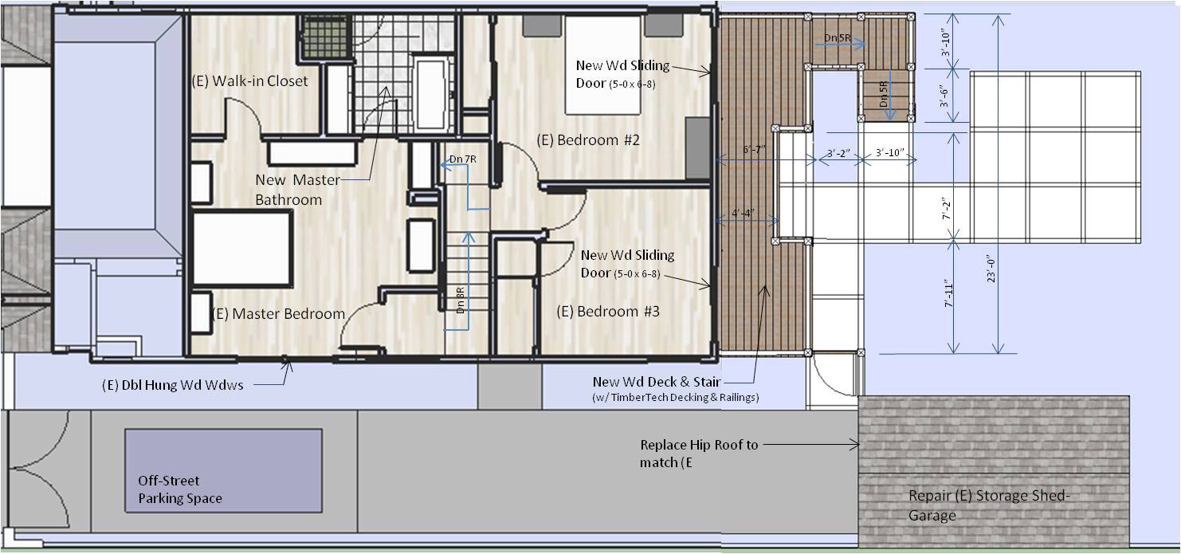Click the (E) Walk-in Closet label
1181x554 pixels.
[249, 81]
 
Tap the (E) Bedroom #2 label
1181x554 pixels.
[588, 140]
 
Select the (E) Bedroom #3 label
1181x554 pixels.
[608, 312]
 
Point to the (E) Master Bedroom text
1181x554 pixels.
[278, 314]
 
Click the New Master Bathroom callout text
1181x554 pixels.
[298, 190]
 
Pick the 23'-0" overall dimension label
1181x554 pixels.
[991, 269]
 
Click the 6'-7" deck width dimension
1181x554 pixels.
[754, 150]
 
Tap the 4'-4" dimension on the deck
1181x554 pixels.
[743, 213]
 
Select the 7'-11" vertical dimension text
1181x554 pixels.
[949, 293]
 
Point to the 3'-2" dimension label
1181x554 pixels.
[838, 154]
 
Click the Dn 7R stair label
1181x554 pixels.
[463, 159]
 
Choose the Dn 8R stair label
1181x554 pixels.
[461, 301]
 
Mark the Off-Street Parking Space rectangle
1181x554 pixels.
[223, 470]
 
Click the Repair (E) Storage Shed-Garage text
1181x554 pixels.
[989, 505]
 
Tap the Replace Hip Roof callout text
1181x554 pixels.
[699, 454]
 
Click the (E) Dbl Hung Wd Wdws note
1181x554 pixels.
[172, 385]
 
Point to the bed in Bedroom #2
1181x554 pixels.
[603, 65]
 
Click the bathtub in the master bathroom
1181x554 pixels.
[431, 94]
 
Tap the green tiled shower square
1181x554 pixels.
[325, 37]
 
